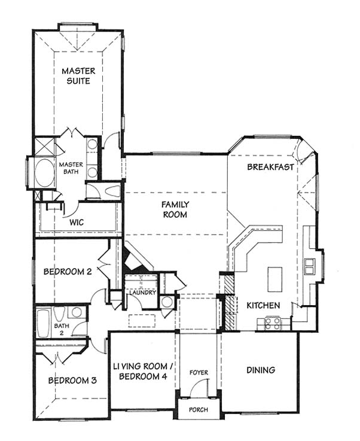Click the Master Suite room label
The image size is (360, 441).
(x=78, y=75)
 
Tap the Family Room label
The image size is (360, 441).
(x=175, y=209)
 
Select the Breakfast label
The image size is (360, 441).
(x=270, y=167)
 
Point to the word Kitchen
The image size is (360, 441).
(x=263, y=305)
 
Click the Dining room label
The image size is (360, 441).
(x=261, y=370)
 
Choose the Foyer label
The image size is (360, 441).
(x=199, y=372)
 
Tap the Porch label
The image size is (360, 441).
(x=199, y=409)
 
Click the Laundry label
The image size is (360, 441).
(x=142, y=293)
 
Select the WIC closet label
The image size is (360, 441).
(x=77, y=222)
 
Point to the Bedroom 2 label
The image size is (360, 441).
(x=68, y=272)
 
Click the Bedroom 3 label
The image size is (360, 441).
(x=72, y=381)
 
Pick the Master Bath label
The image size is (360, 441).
(x=71, y=168)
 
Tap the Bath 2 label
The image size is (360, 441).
(x=62, y=329)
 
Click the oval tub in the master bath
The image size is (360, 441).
(x=45, y=173)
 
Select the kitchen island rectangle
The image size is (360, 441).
(x=275, y=279)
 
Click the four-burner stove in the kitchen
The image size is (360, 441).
(x=273, y=323)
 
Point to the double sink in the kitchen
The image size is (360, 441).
(x=309, y=266)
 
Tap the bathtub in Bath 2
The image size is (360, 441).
(x=43, y=323)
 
